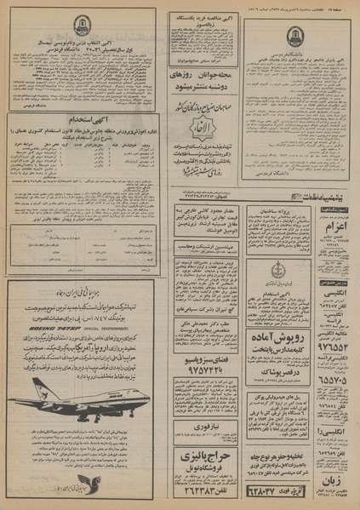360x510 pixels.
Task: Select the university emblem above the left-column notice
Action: pos(82,26)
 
